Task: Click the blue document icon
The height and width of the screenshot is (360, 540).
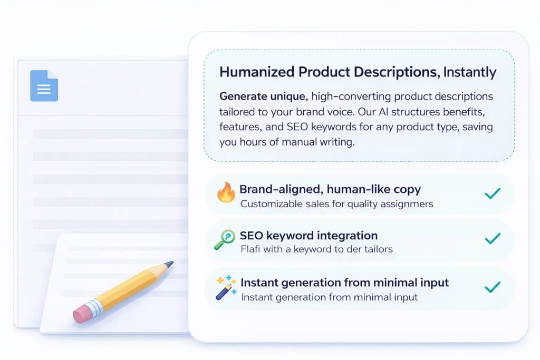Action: tap(44, 86)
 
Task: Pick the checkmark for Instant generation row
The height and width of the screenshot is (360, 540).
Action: tap(492, 287)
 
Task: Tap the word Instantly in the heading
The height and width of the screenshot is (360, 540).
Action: tap(469, 72)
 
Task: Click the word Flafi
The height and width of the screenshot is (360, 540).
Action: tap(252, 249)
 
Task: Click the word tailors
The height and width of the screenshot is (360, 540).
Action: tap(377, 249)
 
